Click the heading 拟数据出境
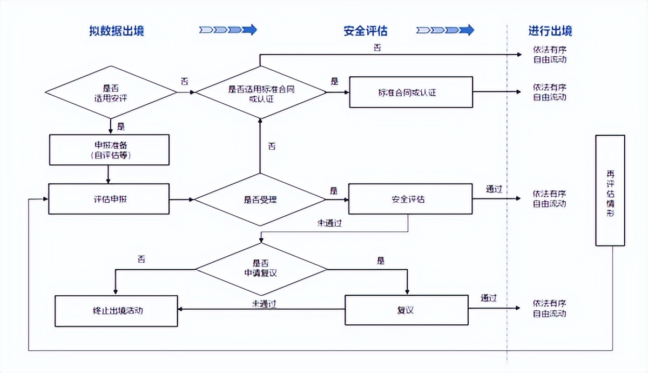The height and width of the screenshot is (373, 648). (117, 31)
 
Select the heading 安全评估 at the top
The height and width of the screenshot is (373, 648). (366, 31)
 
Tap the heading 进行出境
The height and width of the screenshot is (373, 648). (550, 31)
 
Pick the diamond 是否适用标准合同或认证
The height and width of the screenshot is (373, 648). (261, 92)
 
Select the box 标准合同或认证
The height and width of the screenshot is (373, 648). (411, 92)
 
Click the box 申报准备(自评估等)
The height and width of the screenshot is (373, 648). (109, 150)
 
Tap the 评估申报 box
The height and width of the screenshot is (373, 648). (109, 199)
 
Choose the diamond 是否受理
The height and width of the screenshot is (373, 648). (260, 199)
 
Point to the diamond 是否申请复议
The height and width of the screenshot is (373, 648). (261, 268)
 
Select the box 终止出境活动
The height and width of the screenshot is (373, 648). (117, 311)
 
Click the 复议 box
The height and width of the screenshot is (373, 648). (406, 310)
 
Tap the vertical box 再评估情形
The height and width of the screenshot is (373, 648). (610, 190)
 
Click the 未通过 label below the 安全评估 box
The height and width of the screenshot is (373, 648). (329, 223)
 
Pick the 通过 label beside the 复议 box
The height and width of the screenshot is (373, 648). (489, 298)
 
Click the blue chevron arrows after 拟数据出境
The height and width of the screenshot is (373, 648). (228, 30)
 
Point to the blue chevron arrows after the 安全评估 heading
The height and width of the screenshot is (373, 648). (445, 30)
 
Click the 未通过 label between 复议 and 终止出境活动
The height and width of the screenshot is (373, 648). (264, 304)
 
